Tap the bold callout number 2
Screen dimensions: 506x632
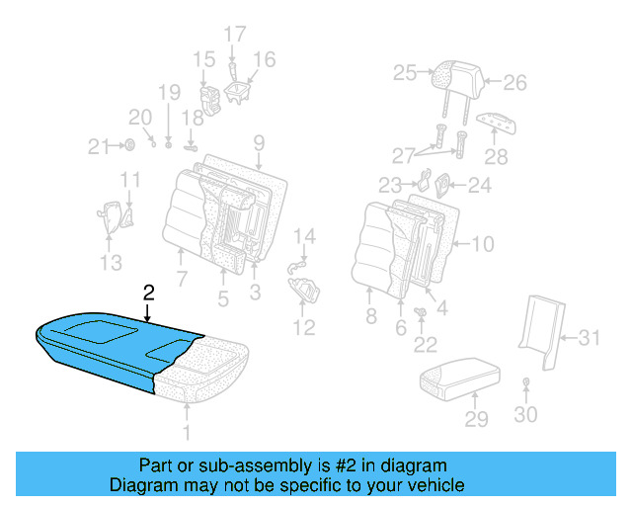pos(148,293)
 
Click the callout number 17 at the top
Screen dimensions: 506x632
pos(234,35)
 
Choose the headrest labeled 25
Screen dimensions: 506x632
pos(458,72)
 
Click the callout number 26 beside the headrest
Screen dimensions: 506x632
pos(515,83)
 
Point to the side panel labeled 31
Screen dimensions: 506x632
pos(538,321)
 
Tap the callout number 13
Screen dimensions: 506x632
pos(112,262)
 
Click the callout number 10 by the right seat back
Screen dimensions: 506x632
pos(482,244)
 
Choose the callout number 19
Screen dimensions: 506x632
pos(169,93)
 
